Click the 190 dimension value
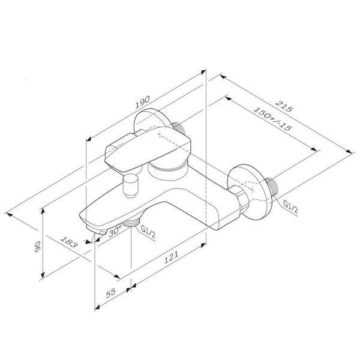(142, 102)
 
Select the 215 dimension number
(284, 106)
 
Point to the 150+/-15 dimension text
(272, 119)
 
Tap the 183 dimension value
(68, 242)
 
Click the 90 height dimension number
(37, 247)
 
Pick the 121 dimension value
(171, 257)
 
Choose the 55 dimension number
(110, 293)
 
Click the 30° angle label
(115, 231)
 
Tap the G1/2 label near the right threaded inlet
(290, 207)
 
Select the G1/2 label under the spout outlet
(148, 232)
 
